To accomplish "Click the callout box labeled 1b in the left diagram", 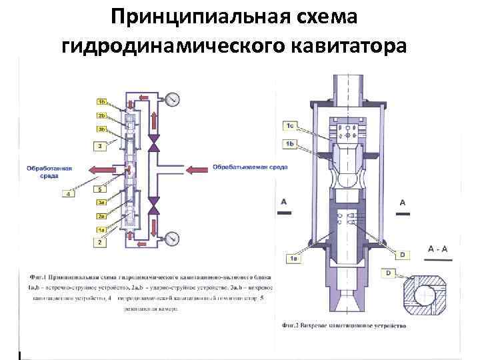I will pyautogui.click(x=101, y=102).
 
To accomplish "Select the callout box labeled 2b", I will pyautogui.click(x=101, y=115).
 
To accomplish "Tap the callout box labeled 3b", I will pyautogui.click(x=101, y=129).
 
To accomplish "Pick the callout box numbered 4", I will pyautogui.click(x=69, y=194).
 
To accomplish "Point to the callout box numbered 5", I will pyautogui.click(x=99, y=189).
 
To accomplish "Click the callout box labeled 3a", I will pyautogui.click(x=101, y=203).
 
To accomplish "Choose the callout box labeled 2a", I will pyautogui.click(x=101, y=216).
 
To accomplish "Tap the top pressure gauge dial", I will pyautogui.click(x=173, y=100).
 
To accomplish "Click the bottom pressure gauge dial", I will pyautogui.click(x=173, y=238).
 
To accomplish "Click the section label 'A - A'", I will pyautogui.click(x=437, y=249).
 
